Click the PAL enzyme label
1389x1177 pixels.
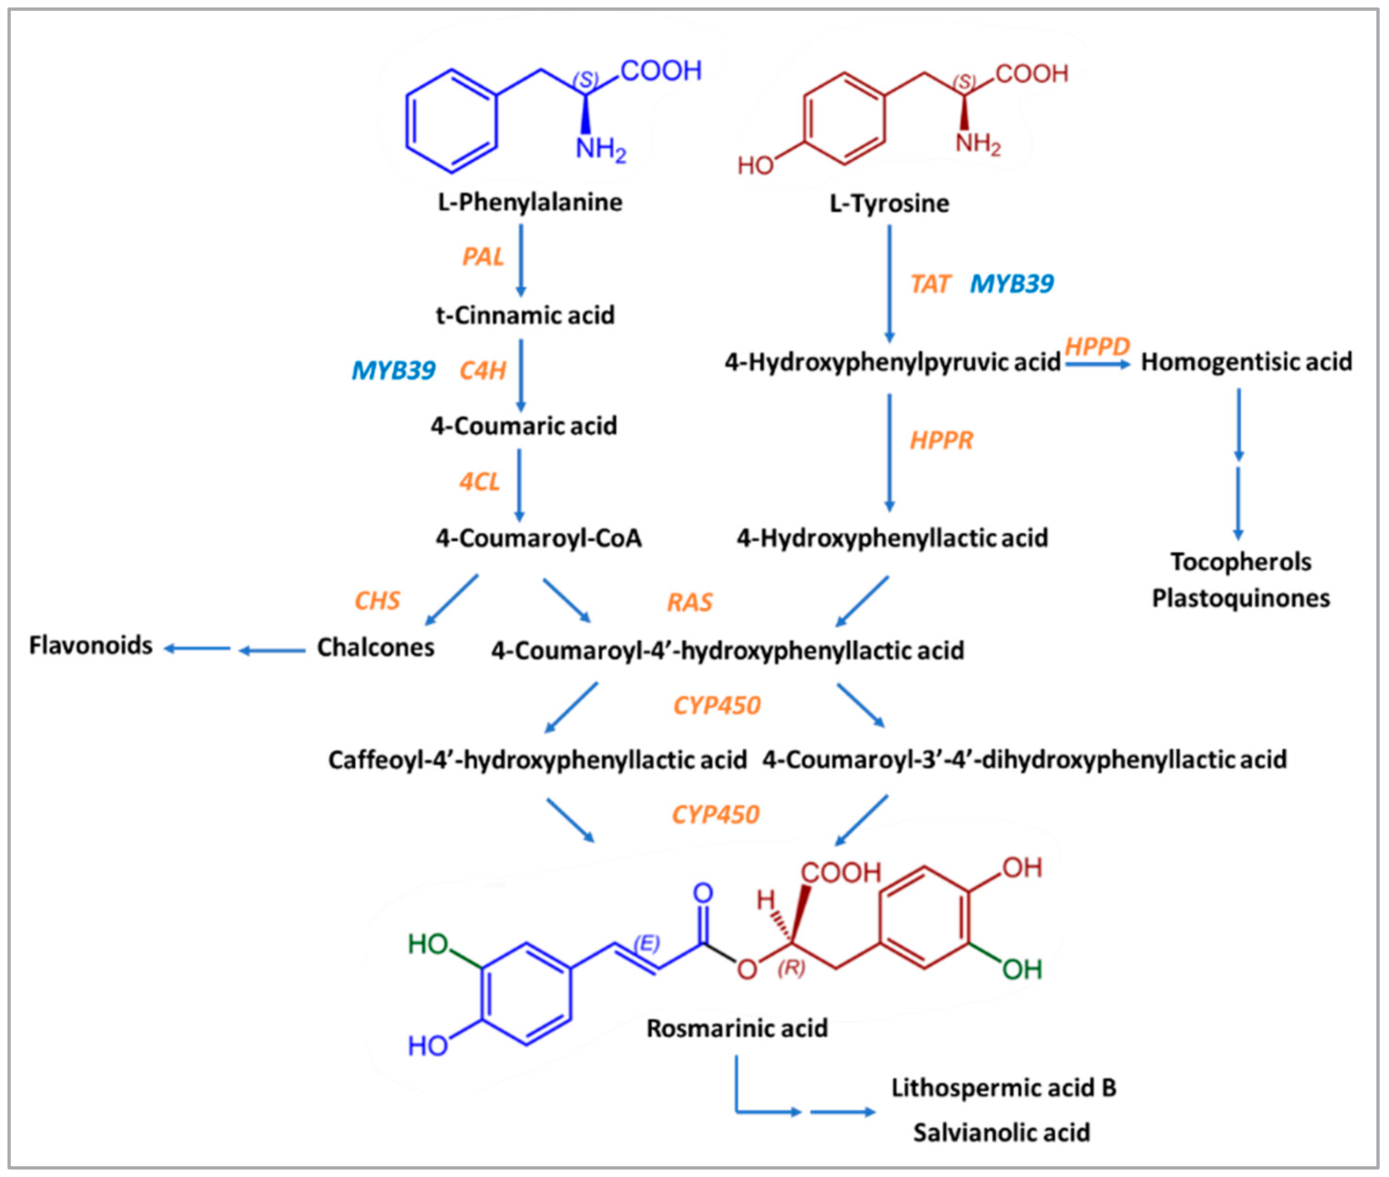click(482, 257)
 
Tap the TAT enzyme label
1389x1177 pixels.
click(930, 284)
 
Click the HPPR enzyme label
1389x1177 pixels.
click(941, 440)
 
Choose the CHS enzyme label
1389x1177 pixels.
click(377, 601)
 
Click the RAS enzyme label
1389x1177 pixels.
click(690, 603)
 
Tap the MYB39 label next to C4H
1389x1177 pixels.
click(393, 370)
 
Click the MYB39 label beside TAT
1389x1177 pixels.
click(1011, 284)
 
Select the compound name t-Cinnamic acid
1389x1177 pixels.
click(525, 315)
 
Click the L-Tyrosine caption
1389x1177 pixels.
click(889, 203)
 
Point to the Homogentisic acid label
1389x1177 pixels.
click(1246, 362)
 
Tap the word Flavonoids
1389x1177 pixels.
click(91, 645)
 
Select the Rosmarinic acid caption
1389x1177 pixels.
click(737, 1028)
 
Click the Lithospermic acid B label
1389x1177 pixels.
click(1003, 1088)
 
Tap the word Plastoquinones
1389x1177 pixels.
click(1241, 598)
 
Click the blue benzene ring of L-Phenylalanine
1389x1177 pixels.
click(452, 121)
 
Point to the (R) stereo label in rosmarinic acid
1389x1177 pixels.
click(791, 968)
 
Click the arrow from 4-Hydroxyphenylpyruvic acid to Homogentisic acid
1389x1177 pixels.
click(1097, 364)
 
